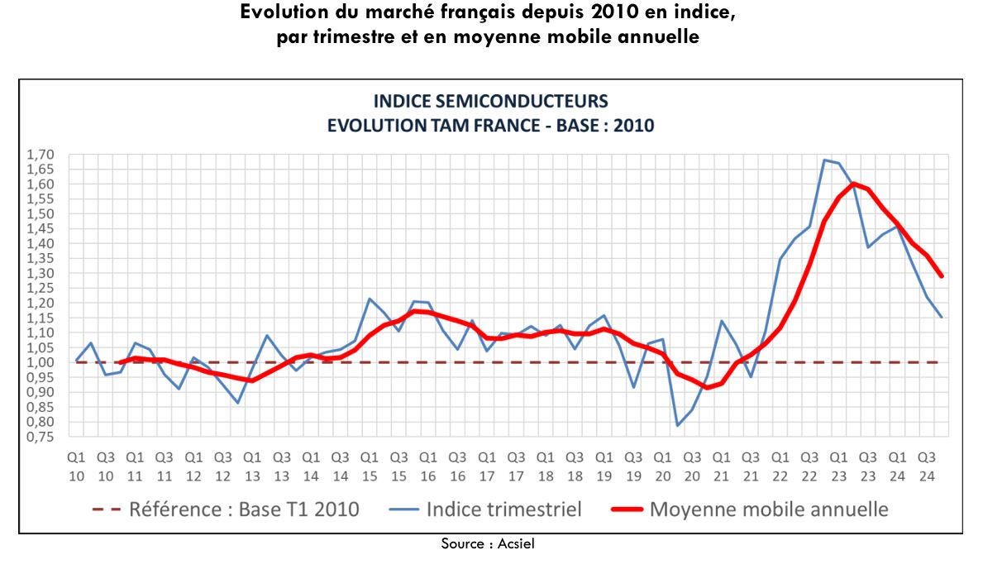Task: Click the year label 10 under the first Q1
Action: tap(76, 476)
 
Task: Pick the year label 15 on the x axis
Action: tap(370, 476)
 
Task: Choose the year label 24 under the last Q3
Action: tap(927, 476)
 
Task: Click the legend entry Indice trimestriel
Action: tap(503, 509)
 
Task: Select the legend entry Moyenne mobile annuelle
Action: tap(769, 509)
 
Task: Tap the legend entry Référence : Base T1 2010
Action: tap(244, 509)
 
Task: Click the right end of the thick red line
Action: tap(941, 276)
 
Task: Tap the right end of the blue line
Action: tap(941, 317)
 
